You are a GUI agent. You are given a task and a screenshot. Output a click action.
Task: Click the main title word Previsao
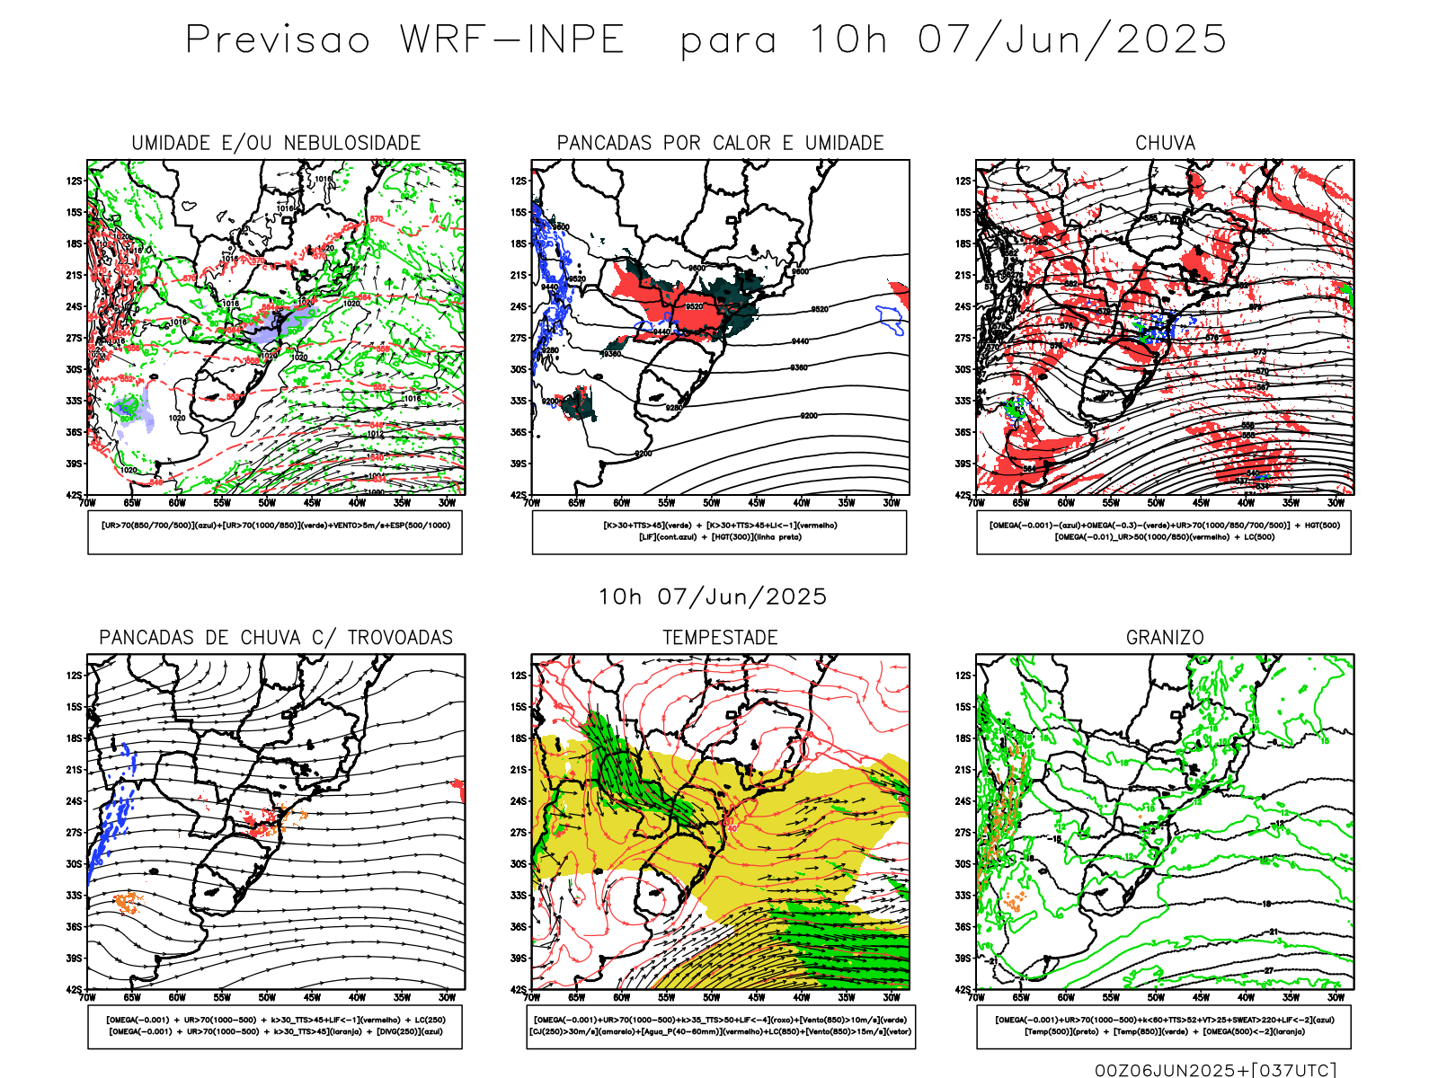pos(278,40)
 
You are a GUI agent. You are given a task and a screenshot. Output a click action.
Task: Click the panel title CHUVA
pos(1165,144)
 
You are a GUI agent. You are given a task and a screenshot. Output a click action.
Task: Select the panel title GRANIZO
pos(1165,638)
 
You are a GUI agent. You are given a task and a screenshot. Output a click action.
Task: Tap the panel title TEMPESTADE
pos(720,638)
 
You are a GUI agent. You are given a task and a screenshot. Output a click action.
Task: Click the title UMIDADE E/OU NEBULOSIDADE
pos(276,144)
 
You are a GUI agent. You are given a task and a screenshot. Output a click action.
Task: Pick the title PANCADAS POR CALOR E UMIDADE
pos(720,144)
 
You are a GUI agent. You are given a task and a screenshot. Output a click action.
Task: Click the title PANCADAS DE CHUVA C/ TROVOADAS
pos(276,638)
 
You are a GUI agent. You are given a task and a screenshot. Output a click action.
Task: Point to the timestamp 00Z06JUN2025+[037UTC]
pos(1215,1070)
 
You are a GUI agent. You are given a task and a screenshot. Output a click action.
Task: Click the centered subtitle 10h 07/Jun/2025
pos(713,597)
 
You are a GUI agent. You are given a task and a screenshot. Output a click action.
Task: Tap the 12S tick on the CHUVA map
pos(963,181)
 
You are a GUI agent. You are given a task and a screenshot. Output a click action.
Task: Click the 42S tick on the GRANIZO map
pos(963,990)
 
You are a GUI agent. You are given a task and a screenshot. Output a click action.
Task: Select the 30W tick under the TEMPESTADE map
pos(891,997)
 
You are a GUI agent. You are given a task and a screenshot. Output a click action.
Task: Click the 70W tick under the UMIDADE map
pos(87,503)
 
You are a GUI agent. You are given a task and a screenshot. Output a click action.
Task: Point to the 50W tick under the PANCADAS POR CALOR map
pos(711,503)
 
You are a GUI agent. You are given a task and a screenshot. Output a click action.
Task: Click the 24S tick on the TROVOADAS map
pos(74,801)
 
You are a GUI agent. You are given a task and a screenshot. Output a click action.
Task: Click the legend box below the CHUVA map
pos(1164,532)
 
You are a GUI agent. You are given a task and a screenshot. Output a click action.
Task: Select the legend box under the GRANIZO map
pos(1164,1026)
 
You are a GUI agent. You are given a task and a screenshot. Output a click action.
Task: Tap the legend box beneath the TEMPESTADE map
pos(720,1026)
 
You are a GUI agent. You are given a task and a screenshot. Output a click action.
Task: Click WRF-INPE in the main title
pos(512,40)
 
